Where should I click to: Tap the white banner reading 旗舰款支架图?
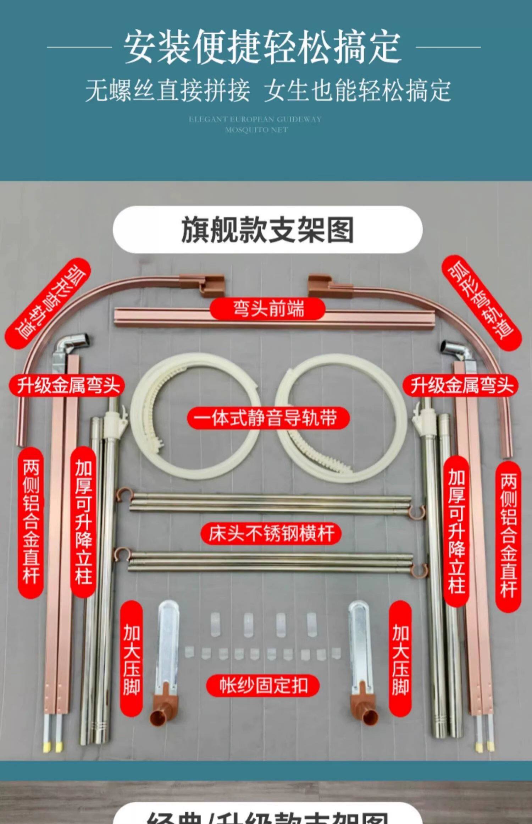pyautogui.click(x=267, y=230)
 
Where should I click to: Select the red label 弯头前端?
pyautogui.click(x=268, y=309)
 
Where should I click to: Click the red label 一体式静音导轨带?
pyautogui.click(x=268, y=418)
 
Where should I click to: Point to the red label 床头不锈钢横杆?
pyautogui.click(x=271, y=533)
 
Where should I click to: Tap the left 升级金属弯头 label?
pyautogui.click(x=66, y=385)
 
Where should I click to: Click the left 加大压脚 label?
pyautogui.click(x=131, y=659)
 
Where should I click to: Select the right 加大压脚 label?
pyautogui.click(x=400, y=659)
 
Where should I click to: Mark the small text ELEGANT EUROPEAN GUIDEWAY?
pyautogui.click(x=255, y=120)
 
